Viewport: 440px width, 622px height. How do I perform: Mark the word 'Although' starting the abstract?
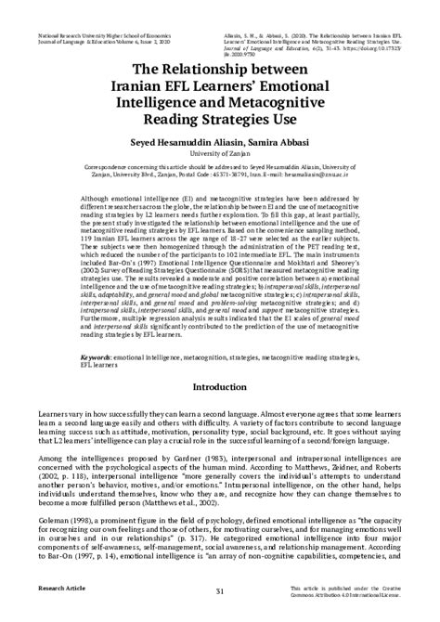(98, 201)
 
